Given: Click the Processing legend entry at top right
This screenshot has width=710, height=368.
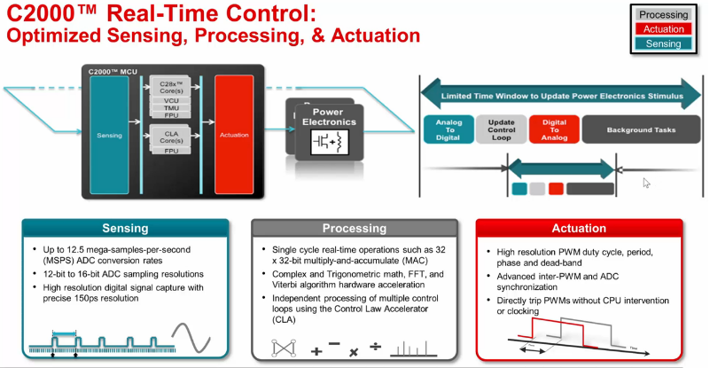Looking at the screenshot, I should click(663, 15).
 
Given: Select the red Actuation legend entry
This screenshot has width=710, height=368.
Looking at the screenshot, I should click(663, 29).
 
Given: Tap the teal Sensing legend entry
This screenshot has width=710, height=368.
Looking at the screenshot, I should click(663, 43).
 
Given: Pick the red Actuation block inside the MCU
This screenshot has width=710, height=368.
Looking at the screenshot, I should click(234, 135).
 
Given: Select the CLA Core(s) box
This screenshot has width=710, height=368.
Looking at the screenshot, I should click(171, 137).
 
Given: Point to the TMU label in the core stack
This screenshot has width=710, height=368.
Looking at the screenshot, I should click(171, 107).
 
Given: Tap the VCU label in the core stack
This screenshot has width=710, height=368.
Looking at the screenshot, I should click(171, 100).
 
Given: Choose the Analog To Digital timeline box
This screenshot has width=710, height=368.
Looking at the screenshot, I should click(448, 129).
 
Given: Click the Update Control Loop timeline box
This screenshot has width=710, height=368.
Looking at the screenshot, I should click(501, 129).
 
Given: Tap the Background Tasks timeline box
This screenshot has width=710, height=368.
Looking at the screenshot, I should click(641, 129).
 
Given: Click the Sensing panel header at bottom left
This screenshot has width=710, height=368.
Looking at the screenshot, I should click(125, 229).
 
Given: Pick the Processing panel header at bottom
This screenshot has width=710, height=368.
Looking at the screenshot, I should click(354, 229).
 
